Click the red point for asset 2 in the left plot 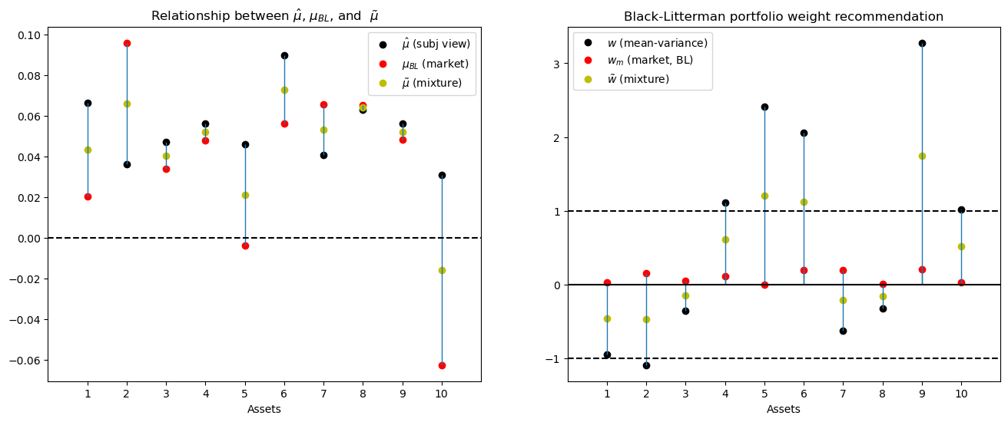[127, 43]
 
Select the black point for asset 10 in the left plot [442, 175]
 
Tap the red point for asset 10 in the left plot [442, 365]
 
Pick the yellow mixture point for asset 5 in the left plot [245, 195]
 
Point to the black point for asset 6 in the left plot [284, 55]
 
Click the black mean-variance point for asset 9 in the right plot [922, 43]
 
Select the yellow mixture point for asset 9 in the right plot [922, 156]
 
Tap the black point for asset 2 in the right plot [646, 365]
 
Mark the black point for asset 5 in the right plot [764, 107]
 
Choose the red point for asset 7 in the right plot [843, 270]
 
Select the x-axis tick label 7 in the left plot [323, 394]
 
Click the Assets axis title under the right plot [784, 409]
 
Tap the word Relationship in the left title [184, 16]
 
